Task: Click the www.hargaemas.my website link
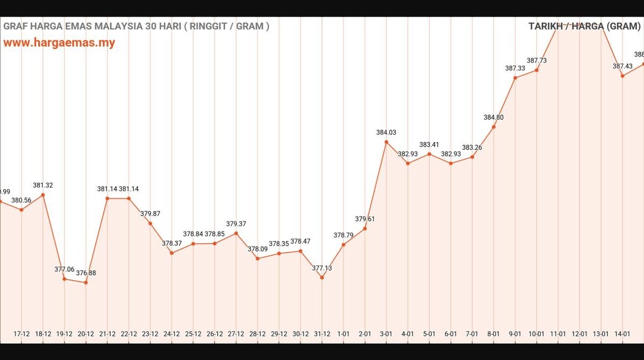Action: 59,43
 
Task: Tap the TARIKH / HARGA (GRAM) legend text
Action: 584,26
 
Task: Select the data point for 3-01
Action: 386,142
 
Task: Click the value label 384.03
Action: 386,132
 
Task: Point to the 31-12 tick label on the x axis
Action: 322,334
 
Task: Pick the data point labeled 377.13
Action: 322,277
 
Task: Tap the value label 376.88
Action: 86,273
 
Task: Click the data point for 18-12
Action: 43,195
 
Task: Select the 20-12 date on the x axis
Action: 86,334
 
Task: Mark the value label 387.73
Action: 536,61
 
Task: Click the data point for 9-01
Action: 515,78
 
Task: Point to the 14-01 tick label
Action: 622,334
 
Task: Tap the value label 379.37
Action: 236,224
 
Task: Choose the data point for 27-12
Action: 236,233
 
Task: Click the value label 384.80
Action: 493,117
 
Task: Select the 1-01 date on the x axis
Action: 344,334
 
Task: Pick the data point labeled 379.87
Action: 151,223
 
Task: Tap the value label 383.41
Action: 429,145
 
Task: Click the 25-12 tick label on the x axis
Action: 193,334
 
